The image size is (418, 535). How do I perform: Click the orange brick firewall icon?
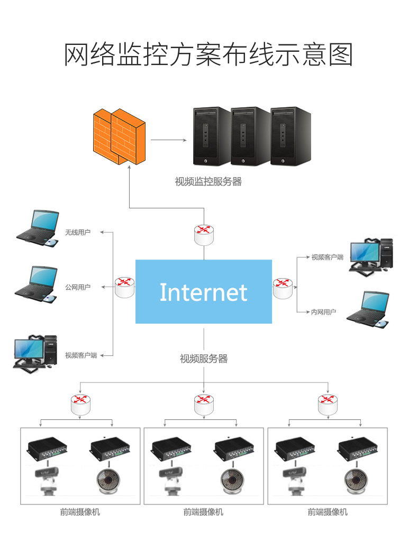click(x=118, y=137)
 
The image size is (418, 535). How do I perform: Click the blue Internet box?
click(x=204, y=291)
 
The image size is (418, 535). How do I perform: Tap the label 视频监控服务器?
click(x=208, y=182)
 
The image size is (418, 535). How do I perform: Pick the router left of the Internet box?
click(x=125, y=287)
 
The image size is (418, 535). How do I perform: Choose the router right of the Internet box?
click(x=283, y=287)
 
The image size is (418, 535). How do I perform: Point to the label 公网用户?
click(x=78, y=287)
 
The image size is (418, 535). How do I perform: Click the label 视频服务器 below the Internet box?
click(x=204, y=359)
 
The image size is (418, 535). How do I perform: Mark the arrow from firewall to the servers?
click(x=168, y=140)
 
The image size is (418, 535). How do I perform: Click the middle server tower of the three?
click(x=250, y=136)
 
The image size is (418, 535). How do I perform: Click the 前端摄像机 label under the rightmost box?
click(x=328, y=512)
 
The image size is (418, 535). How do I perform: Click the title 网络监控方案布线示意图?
click(x=208, y=54)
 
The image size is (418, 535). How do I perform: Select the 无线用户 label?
click(x=78, y=232)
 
